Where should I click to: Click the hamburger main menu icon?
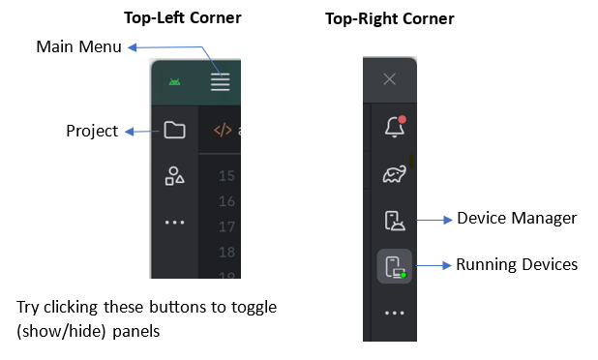[x=221, y=82]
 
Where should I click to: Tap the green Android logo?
[x=175, y=82]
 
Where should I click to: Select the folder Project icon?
[x=175, y=130]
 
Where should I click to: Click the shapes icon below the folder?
[x=175, y=176]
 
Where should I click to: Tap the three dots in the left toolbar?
[x=175, y=223]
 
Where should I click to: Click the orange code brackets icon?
[x=223, y=130]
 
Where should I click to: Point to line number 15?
[x=226, y=176]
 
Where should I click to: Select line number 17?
[x=226, y=226]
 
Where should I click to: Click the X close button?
[x=389, y=79]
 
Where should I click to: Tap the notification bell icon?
[x=395, y=127]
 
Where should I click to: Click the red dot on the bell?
[x=402, y=119]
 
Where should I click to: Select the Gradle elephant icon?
[x=395, y=174]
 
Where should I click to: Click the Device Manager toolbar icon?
[x=395, y=221]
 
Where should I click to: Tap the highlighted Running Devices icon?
[x=395, y=266]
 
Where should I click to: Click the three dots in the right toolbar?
[x=395, y=314]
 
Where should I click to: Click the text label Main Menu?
[x=79, y=46]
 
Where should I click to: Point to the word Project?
[x=92, y=132]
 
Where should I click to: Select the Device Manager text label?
[x=517, y=219]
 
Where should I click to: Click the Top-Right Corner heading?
[x=390, y=18]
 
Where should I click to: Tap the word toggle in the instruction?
[x=254, y=308]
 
